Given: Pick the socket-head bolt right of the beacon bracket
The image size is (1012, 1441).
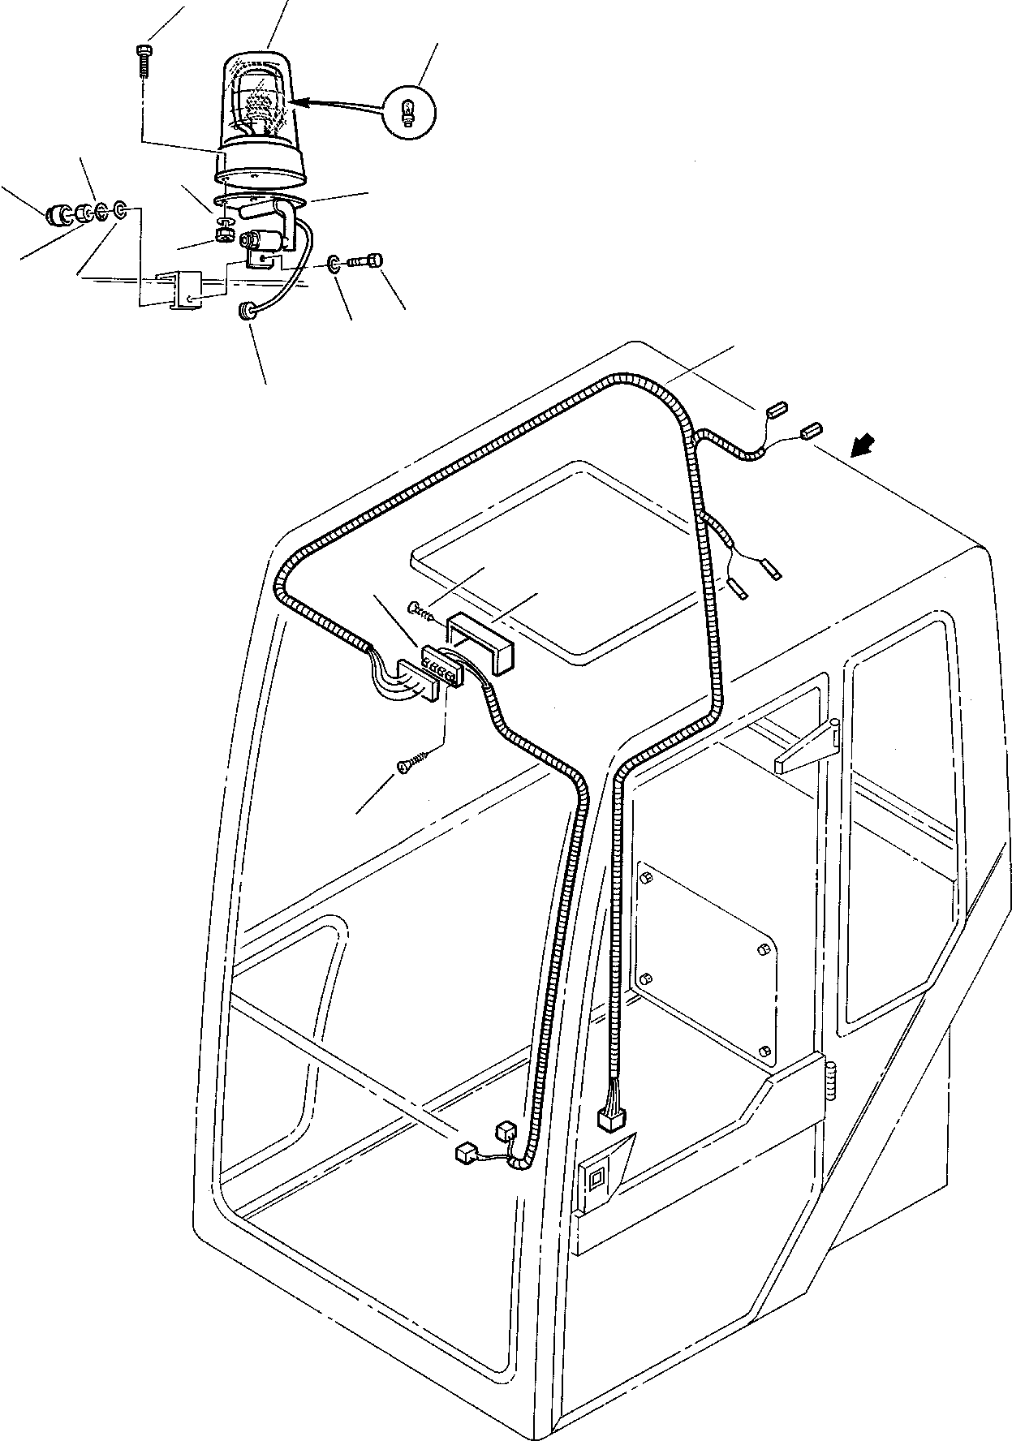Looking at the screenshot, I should pos(368,261).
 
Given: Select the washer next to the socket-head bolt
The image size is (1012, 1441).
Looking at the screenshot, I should pos(334,264).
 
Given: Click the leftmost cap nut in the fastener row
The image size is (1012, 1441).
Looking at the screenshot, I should pos(58,216).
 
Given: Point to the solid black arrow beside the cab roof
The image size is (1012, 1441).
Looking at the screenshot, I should pos(863,445).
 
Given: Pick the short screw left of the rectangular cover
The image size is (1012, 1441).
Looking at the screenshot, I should pos(421,608).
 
